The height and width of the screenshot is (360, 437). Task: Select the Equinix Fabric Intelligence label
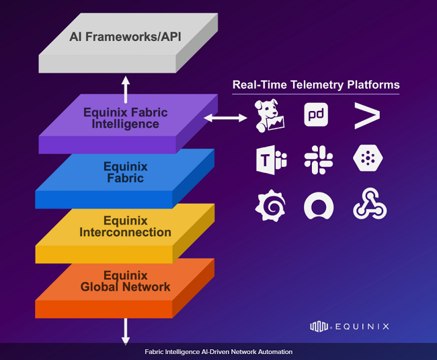click(125, 118)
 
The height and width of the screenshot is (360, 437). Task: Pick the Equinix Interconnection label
click(125, 227)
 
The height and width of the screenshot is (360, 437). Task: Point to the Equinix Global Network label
click(125, 281)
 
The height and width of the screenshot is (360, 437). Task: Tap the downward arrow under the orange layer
click(125, 331)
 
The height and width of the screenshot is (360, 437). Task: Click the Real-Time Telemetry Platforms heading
click(316, 85)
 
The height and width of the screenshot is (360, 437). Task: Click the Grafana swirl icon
click(271, 206)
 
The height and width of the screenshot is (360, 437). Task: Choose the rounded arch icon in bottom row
click(318, 206)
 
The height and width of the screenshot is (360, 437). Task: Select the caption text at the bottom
click(218, 352)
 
